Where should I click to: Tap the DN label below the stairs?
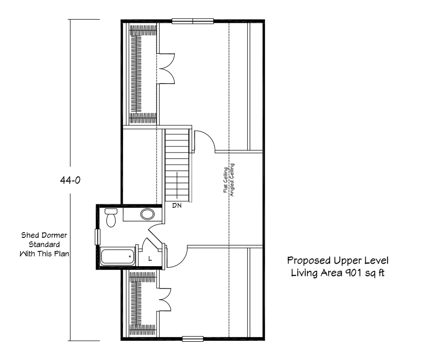(x=177, y=206)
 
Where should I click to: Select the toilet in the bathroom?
(x=111, y=216)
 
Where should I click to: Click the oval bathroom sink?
(x=147, y=213)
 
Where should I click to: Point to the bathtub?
(x=119, y=256)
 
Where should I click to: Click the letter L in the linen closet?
(x=149, y=259)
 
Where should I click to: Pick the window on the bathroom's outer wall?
(x=98, y=237)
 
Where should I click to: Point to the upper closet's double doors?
(x=166, y=68)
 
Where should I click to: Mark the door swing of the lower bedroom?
(x=177, y=256)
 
